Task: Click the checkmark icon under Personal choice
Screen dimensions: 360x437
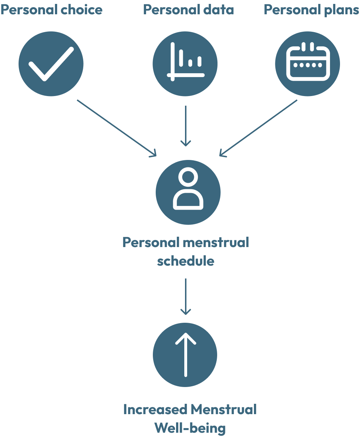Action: (x=51, y=64)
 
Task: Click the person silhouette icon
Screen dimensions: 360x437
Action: (x=188, y=190)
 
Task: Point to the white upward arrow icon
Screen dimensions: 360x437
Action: (x=185, y=355)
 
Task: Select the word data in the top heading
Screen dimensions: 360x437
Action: (x=218, y=10)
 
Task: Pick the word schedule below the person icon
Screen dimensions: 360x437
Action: (x=186, y=261)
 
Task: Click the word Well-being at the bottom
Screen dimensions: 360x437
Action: (x=190, y=427)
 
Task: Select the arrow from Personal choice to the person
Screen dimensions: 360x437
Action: (x=117, y=127)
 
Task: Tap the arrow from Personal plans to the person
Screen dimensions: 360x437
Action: (x=258, y=127)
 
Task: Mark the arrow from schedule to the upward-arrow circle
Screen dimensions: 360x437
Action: (x=186, y=296)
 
